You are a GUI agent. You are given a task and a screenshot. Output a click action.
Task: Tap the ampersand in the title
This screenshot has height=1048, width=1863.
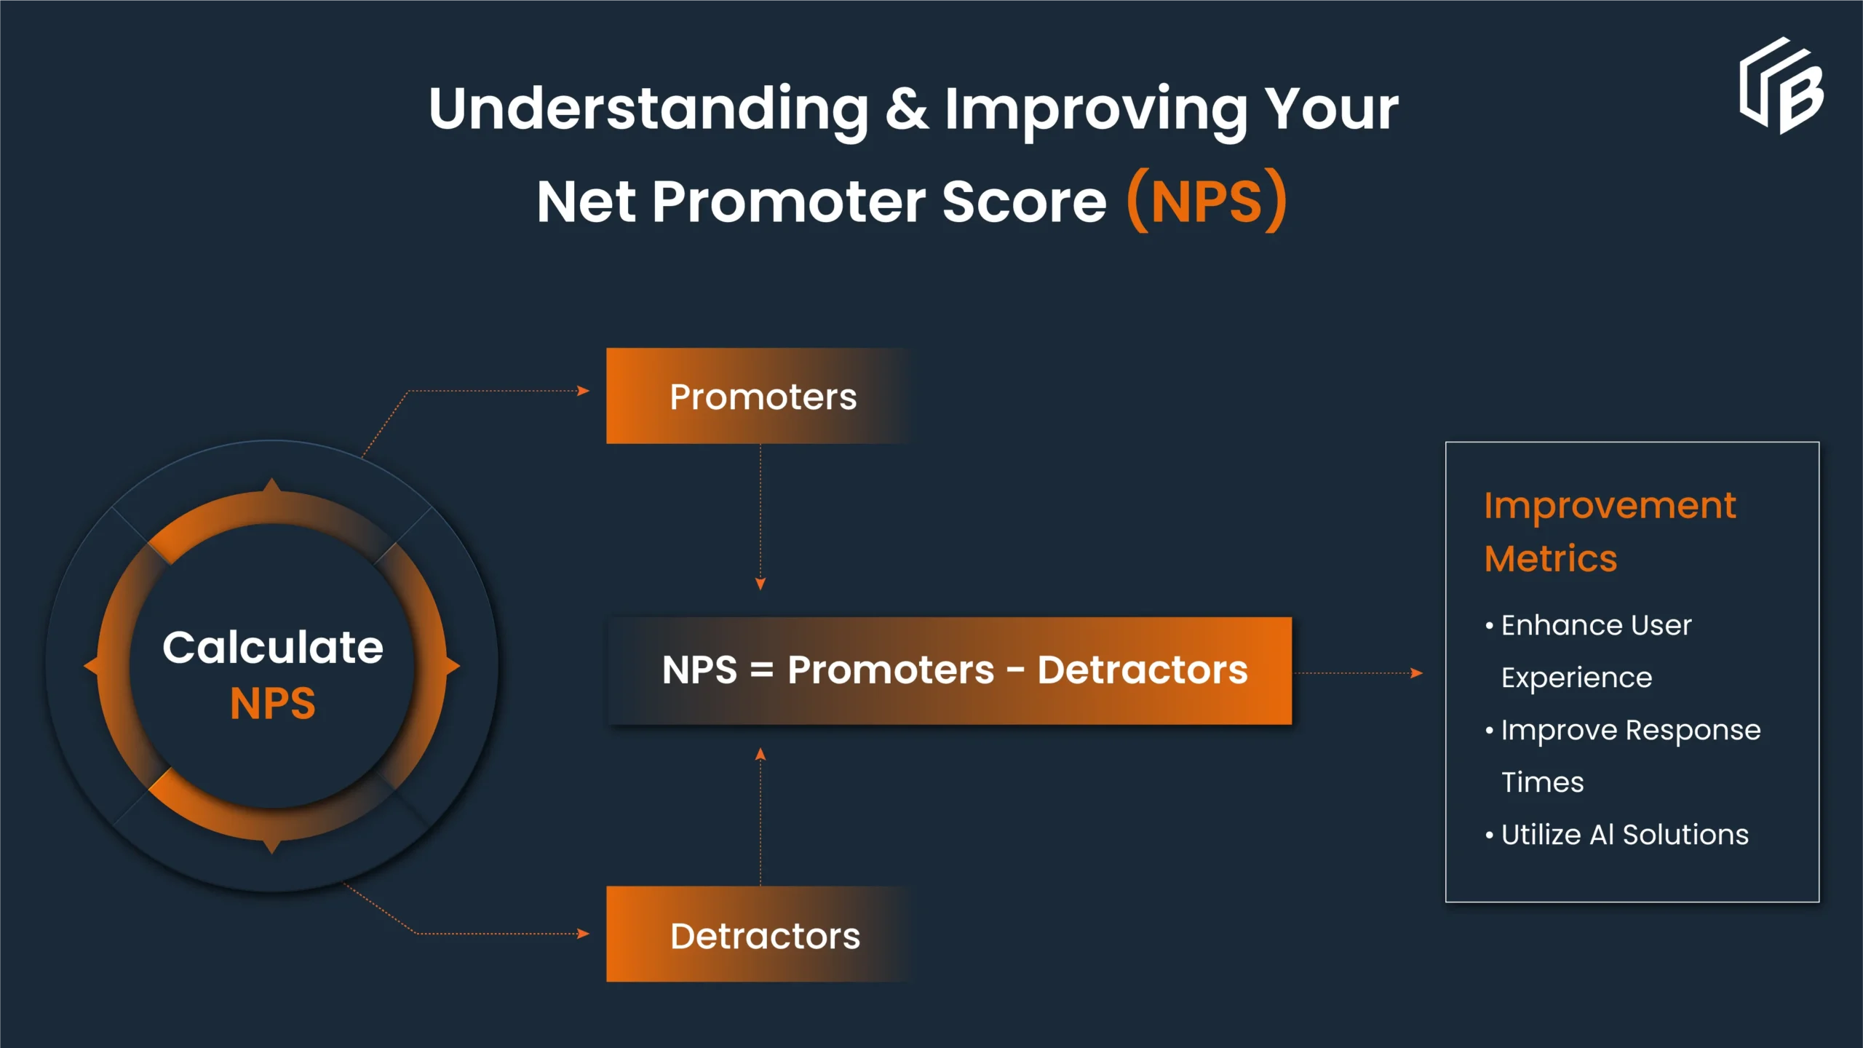(907, 109)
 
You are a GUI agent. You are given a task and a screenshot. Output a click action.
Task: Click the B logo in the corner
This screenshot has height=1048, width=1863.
(1781, 86)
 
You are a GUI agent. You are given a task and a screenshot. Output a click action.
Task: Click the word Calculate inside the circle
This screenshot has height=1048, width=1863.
(273, 647)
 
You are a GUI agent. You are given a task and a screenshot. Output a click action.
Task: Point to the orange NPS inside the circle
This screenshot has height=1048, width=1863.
(273, 704)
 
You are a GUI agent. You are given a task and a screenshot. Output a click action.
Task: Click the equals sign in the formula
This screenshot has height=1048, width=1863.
(761, 670)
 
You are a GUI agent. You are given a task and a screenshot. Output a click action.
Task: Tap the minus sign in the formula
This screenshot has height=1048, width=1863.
(1016, 670)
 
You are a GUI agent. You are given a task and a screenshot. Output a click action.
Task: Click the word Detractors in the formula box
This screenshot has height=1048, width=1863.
(1143, 670)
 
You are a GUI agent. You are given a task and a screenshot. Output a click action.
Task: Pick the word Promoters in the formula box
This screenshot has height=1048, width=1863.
(891, 670)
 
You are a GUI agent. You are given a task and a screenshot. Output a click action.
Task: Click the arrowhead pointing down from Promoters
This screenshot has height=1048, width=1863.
(760, 584)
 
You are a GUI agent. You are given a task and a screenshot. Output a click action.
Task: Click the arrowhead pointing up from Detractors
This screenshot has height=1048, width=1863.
(760, 754)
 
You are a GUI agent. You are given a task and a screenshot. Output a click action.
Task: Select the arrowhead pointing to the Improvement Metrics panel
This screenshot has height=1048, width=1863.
(1417, 673)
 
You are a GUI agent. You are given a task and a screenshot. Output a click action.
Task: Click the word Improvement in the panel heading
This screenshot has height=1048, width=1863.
(1610, 507)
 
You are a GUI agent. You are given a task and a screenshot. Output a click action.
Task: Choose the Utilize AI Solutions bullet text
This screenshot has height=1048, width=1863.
(1624, 835)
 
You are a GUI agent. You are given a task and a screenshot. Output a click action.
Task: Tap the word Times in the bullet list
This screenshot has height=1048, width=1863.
(1543, 782)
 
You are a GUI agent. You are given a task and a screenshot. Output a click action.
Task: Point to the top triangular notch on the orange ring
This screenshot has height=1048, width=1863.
(272, 488)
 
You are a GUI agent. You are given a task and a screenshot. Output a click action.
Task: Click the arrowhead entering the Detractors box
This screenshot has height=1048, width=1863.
(583, 934)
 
